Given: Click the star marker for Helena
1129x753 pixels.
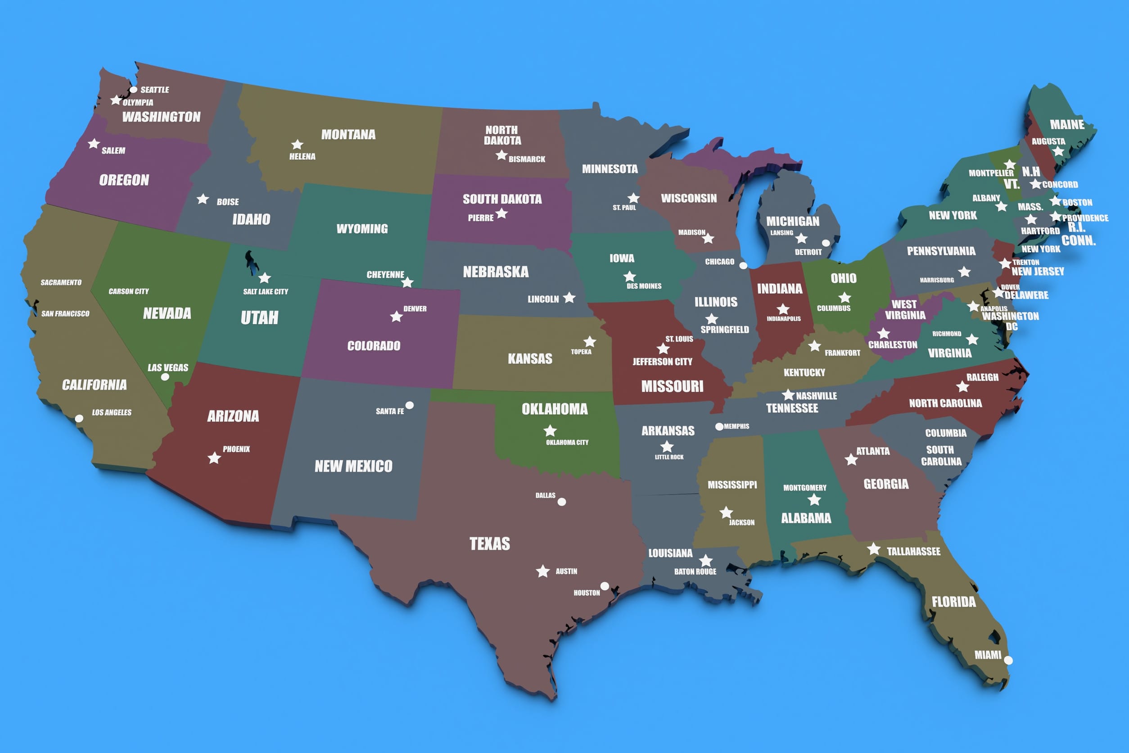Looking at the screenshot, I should tap(297, 145).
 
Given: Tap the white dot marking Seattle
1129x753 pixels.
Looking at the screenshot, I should tap(133, 90).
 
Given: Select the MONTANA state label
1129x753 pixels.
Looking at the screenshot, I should tap(348, 135).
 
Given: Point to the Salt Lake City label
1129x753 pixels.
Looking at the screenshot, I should tap(266, 291).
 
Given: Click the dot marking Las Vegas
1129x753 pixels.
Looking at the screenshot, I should tap(165, 377).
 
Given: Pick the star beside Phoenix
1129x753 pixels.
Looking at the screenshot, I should tap(214, 458).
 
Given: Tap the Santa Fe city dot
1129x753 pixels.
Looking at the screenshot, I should tap(410, 405).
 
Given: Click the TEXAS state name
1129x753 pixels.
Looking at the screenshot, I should tap(490, 544).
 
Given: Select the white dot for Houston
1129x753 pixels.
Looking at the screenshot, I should tap(605, 586).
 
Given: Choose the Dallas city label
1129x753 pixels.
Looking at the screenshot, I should tap(545, 495).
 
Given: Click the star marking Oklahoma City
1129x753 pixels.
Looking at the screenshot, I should tap(550, 430).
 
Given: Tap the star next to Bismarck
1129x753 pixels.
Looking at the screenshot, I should tap(501, 155).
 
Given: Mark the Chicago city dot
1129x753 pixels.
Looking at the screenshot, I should tap(743, 266).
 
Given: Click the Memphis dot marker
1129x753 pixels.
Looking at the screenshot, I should tap(719, 426).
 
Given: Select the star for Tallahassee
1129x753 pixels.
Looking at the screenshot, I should tap(874, 549).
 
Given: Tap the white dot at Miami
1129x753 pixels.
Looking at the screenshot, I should tap(1008, 660).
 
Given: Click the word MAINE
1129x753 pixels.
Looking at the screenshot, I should tap(1066, 125).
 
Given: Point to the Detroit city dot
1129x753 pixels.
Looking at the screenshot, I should tap(826, 243).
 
